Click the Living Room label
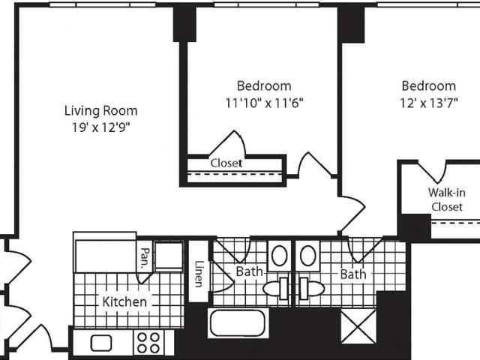tap(100, 110)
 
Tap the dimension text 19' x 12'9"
tap(100, 127)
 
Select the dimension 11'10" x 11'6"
tap(264, 103)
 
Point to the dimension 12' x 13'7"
tap(429, 103)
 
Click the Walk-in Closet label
tap(447, 199)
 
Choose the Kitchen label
tap(124, 301)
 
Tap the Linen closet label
tap(199, 274)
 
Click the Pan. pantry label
tap(144, 258)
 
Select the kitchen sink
tap(101, 343)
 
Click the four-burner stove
tap(148, 343)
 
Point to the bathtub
tap(238, 323)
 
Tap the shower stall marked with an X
tap(358, 326)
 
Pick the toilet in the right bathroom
tap(311, 289)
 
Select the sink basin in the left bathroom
tap(279, 256)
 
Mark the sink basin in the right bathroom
tap(308, 256)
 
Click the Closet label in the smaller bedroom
tap(226, 163)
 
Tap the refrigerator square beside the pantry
tap(169, 256)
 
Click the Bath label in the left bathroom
tap(249, 271)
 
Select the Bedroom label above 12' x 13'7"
tap(429, 86)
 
